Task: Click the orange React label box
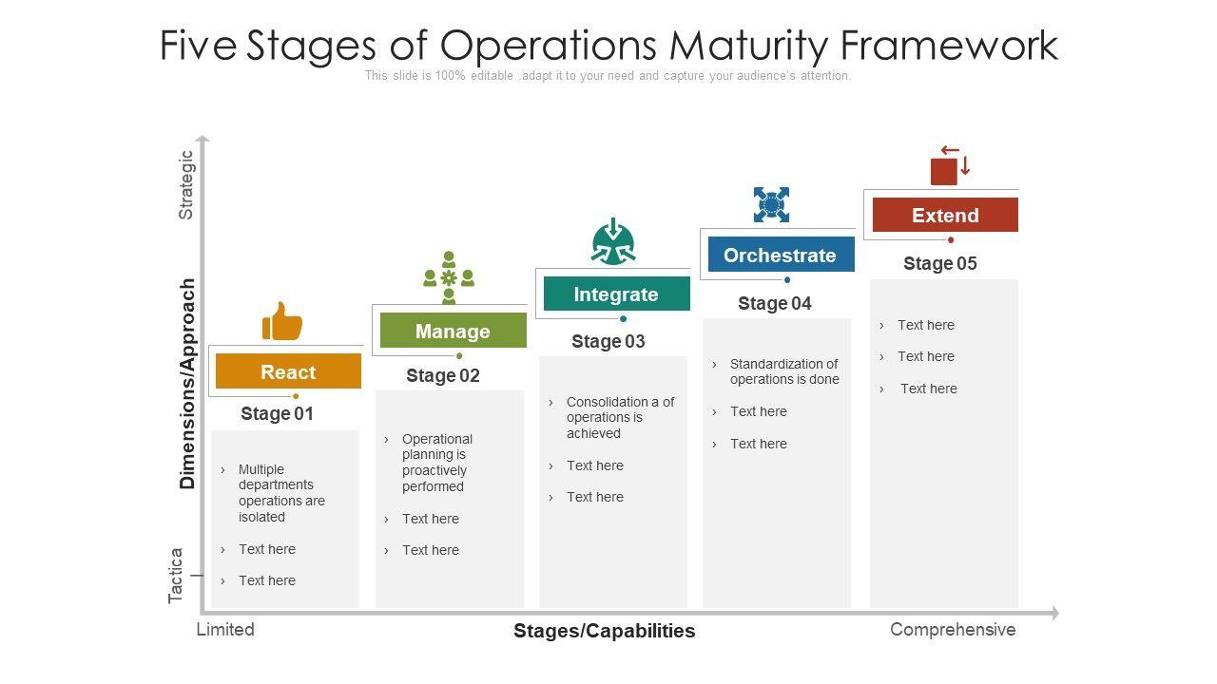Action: click(x=288, y=371)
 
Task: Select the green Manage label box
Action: click(x=453, y=331)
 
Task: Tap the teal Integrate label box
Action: click(x=616, y=294)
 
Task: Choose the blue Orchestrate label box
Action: click(x=780, y=255)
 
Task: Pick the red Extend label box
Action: click(x=945, y=215)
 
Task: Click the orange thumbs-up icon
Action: click(x=282, y=322)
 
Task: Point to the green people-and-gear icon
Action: click(x=449, y=277)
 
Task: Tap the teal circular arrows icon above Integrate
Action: click(x=613, y=241)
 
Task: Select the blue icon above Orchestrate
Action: click(x=771, y=204)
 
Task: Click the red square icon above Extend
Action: click(x=949, y=166)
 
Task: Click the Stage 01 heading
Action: click(x=277, y=413)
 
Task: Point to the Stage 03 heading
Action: click(x=608, y=341)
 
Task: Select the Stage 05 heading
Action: click(x=940, y=263)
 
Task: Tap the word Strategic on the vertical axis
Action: click(x=186, y=185)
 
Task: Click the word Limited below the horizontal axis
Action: click(x=225, y=629)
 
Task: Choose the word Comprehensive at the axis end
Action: click(x=953, y=629)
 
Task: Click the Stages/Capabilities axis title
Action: click(x=605, y=631)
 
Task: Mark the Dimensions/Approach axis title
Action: click(x=187, y=383)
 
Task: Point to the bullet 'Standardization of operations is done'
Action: click(x=784, y=371)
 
